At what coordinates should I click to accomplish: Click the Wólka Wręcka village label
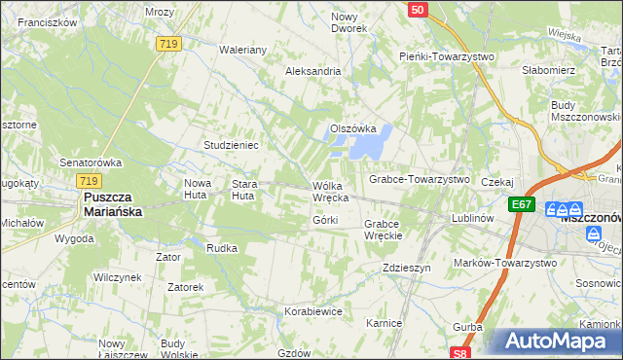330,192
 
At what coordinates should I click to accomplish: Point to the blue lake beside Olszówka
368,145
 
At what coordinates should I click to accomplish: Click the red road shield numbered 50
417,9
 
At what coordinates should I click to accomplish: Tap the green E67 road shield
521,204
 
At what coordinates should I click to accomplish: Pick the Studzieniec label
230,145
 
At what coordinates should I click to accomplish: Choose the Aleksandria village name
312,71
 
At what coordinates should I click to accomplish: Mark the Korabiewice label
312,312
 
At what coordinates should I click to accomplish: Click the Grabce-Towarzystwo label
419,180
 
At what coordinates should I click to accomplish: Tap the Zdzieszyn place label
406,268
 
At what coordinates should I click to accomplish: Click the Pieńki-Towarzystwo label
447,56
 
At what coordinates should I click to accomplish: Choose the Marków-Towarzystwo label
505,263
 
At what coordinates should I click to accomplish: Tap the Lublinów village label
475,219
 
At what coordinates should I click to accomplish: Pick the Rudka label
222,248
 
